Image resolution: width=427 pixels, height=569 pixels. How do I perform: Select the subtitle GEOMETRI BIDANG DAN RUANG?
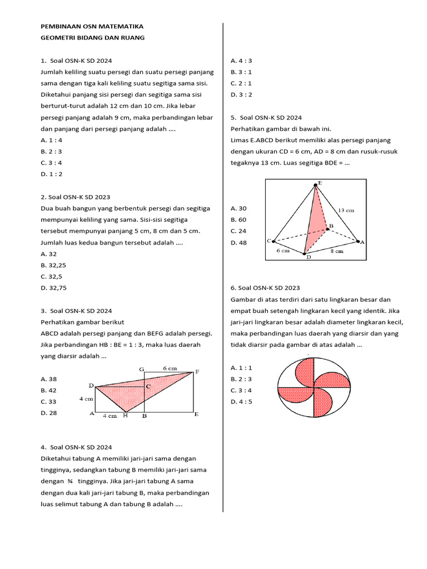tap(92, 38)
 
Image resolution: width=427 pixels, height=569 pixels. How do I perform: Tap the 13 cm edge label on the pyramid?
tap(346, 211)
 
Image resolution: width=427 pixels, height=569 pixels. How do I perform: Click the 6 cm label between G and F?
tap(170, 368)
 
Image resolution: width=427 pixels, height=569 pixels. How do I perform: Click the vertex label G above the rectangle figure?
tap(142, 369)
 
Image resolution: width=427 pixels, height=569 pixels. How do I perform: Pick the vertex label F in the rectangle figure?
tap(197, 371)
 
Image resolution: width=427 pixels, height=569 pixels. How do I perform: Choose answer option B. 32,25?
tap(53, 265)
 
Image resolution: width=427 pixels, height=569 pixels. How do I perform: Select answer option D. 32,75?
tap(53, 288)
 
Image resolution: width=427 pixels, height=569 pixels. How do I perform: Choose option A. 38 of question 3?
tap(49, 378)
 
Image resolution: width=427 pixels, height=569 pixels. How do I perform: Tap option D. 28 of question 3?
tap(49, 413)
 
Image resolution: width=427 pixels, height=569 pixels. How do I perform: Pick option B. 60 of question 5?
tap(239, 219)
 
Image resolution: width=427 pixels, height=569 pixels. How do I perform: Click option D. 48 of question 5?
tap(239, 242)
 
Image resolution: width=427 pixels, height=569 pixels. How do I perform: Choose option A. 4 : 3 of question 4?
tap(241, 61)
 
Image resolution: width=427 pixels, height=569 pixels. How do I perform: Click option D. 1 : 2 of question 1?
tap(52, 174)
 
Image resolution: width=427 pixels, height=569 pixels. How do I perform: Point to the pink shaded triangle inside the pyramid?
tap(315, 222)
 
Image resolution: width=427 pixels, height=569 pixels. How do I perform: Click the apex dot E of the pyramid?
tap(316, 186)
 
